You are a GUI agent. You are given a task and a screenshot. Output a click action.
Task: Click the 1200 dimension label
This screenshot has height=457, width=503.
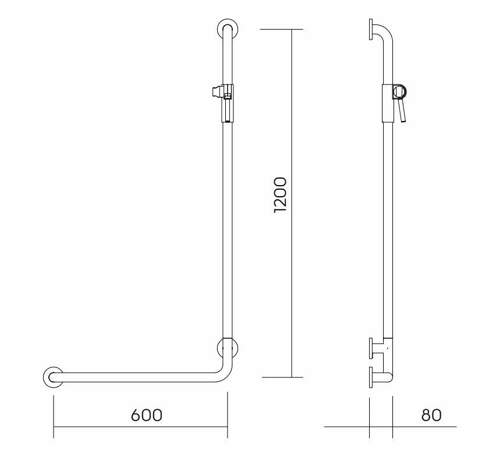[279, 194]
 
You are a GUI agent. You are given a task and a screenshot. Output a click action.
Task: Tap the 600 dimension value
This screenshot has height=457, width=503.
[147, 415]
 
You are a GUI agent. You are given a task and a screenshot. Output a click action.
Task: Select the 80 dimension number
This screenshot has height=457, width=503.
[431, 415]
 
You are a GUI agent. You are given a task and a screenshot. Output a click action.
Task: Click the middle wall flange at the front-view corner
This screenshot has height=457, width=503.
[219, 348]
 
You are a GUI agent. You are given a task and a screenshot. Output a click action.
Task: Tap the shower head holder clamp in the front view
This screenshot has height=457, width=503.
[223, 102]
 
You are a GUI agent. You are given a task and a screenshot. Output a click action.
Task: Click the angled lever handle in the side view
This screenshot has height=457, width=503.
[401, 111]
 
